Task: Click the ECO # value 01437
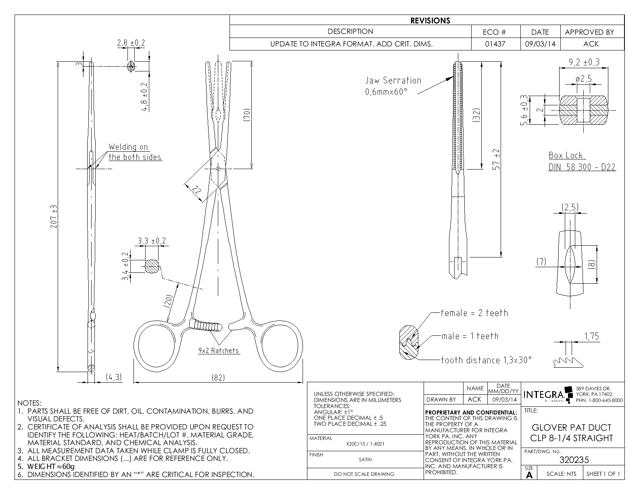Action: (496, 44)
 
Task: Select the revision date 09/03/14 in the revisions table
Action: (540, 44)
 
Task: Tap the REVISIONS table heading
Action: (430, 20)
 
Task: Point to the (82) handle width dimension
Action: (218, 377)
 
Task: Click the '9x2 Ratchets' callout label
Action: (219, 351)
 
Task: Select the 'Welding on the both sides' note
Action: (135, 152)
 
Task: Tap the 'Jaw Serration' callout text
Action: (393, 80)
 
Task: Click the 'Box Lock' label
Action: (566, 155)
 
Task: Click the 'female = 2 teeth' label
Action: (474, 313)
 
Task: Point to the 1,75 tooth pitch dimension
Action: (591, 337)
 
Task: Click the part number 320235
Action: (574, 460)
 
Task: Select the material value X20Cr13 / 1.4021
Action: (365, 444)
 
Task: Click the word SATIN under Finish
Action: (365, 459)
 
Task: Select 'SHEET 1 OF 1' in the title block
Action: (603, 474)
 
